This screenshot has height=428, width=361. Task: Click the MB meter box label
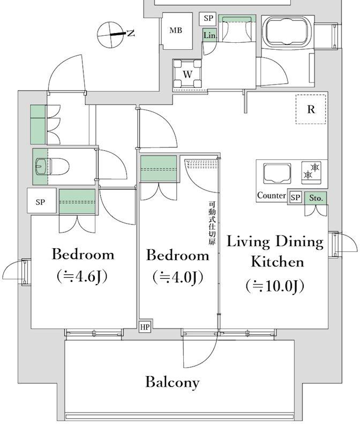click(176, 30)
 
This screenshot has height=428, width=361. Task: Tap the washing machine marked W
click(187, 74)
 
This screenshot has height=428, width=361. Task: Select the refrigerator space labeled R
click(311, 109)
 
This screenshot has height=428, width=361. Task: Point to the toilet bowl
click(52, 166)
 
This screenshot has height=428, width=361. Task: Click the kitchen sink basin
click(277, 173)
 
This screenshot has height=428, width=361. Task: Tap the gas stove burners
click(311, 171)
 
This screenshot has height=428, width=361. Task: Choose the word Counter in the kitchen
click(272, 195)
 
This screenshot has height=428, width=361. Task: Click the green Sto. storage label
click(316, 198)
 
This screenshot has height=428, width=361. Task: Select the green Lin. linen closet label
click(210, 35)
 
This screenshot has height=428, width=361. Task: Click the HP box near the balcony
click(145, 327)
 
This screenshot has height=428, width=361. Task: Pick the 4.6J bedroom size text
click(82, 276)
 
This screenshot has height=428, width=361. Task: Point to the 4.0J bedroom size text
click(178, 277)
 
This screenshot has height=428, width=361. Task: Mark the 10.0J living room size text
click(275, 286)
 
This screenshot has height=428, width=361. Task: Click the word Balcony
click(172, 382)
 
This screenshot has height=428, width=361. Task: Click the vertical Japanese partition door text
click(212, 223)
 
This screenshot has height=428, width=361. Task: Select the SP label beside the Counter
click(296, 197)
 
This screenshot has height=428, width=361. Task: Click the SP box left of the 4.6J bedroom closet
click(41, 202)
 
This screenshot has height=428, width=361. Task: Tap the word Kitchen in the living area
click(277, 262)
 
